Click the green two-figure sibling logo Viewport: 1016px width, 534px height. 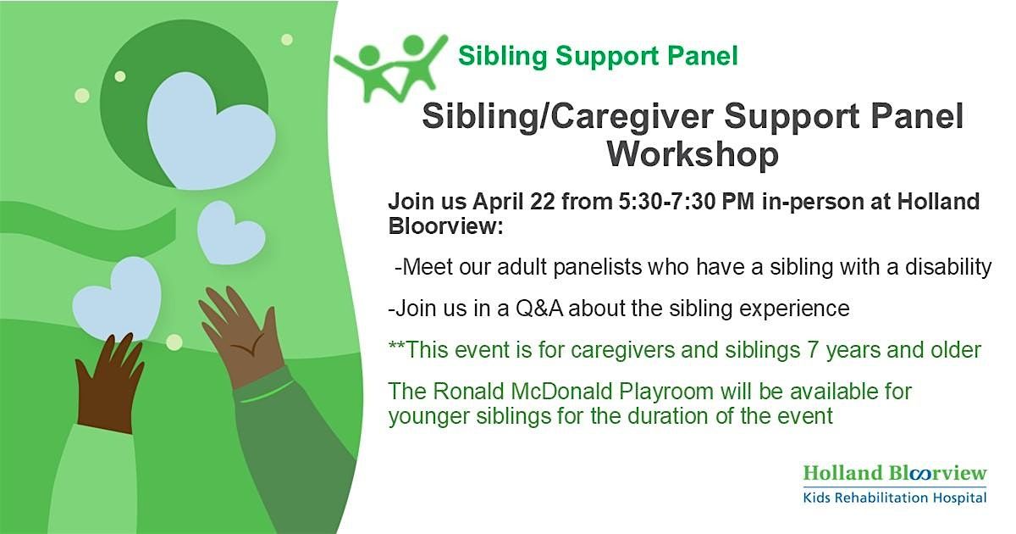390,68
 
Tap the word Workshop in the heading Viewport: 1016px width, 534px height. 693,154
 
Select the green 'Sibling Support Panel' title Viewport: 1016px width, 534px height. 598,56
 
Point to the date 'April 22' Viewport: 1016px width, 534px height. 513,201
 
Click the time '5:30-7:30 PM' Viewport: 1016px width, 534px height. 687,201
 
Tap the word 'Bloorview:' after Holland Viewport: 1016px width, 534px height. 446,225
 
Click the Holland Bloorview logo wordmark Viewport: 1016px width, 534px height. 895,473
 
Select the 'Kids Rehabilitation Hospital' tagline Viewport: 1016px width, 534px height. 894,498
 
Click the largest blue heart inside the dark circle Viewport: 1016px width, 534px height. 211,131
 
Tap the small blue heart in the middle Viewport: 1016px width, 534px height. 231,232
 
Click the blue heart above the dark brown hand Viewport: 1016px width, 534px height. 117,298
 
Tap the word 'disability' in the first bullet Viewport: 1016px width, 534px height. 948,266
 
